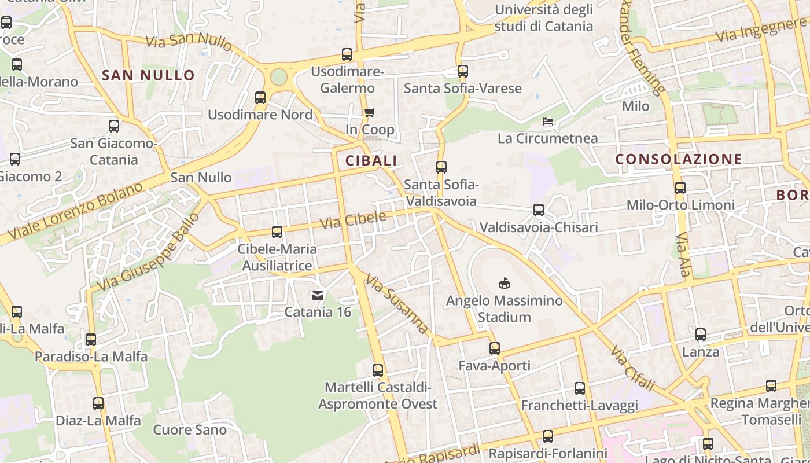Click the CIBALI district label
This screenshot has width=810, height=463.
click(x=371, y=161)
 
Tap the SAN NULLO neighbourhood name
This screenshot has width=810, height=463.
click(x=148, y=75)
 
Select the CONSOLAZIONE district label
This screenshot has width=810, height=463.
click(x=678, y=159)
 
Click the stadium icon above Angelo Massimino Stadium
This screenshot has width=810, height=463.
click(x=504, y=283)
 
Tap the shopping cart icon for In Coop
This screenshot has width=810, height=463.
click(x=369, y=112)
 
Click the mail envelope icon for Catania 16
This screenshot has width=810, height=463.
click(x=318, y=296)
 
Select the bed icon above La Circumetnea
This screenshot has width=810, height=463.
click(x=548, y=122)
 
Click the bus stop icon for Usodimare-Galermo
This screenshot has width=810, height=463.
click(x=347, y=54)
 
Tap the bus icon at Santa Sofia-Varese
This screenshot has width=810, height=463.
click(x=463, y=71)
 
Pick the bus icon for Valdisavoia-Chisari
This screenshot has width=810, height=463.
click(x=539, y=210)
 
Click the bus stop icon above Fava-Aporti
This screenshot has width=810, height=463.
click(x=495, y=348)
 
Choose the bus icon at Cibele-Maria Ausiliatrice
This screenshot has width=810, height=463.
click(x=277, y=232)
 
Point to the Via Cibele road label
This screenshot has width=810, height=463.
click(x=353, y=220)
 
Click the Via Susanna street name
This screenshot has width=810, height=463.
click(x=397, y=304)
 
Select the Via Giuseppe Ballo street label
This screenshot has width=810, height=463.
click(x=148, y=252)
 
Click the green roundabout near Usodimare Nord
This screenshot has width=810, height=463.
click(x=279, y=77)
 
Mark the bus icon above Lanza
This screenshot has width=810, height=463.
click(x=701, y=335)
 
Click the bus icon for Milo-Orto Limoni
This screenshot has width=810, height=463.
click(x=680, y=188)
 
